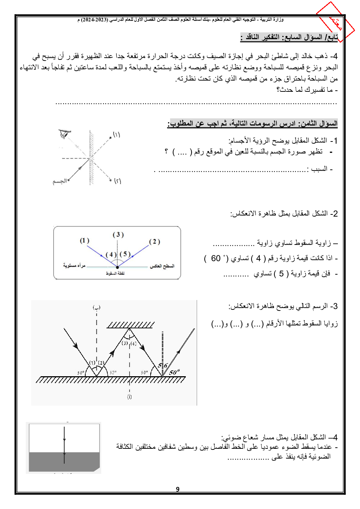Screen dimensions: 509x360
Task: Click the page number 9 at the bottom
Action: click(177, 489)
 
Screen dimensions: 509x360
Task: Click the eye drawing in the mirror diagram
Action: click(64, 134)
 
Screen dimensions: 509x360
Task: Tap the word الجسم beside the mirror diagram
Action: click(60, 181)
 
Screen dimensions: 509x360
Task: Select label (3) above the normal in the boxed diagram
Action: click(118, 235)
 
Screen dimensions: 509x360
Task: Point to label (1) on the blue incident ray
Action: click(85, 241)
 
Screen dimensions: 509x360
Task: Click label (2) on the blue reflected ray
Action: click(154, 242)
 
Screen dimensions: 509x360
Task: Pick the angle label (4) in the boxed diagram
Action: click(111, 255)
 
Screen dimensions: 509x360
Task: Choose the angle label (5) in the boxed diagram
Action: click(125, 254)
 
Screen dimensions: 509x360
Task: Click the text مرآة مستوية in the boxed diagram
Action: click(74, 266)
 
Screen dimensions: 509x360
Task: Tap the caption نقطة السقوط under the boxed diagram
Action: click(115, 273)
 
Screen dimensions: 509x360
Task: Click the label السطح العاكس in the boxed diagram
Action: click(162, 266)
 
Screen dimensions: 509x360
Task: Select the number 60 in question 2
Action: click(216, 258)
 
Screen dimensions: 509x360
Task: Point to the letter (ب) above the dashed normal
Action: click(97, 308)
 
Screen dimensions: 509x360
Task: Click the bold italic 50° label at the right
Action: click(174, 372)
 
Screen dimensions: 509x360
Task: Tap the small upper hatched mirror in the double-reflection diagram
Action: click(131, 325)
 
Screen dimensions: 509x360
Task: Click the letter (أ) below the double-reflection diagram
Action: click(129, 397)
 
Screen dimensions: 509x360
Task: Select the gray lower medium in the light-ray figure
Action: click(64, 461)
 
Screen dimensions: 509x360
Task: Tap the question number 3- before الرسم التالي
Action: click(334, 306)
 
